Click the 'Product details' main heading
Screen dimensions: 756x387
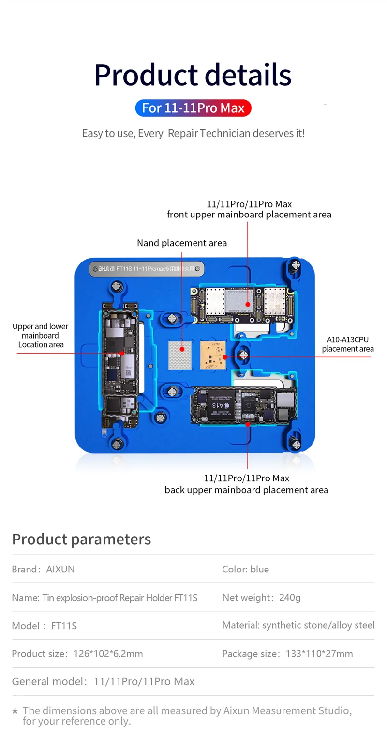[x=193, y=75]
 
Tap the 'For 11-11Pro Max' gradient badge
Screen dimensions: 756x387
[x=193, y=108]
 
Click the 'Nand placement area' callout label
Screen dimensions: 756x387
[x=182, y=243]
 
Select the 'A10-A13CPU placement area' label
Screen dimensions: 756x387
[x=347, y=344]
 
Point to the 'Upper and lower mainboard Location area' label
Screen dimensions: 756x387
[x=41, y=336]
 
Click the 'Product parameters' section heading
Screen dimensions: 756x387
[x=81, y=539]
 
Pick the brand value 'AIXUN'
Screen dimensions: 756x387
[x=60, y=569]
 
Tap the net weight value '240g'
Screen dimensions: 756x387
[x=290, y=597]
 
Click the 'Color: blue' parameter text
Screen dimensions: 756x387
[x=245, y=569]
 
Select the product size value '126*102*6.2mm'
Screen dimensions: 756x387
[x=108, y=654]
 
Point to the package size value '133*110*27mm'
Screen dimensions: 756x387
[x=319, y=654]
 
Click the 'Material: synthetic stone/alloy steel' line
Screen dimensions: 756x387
[x=298, y=625]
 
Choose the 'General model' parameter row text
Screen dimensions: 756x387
[x=103, y=682]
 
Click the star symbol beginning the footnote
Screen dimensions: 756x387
[x=15, y=711]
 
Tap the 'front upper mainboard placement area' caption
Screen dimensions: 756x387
[x=249, y=215]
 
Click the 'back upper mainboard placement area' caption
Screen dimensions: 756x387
[x=246, y=490]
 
